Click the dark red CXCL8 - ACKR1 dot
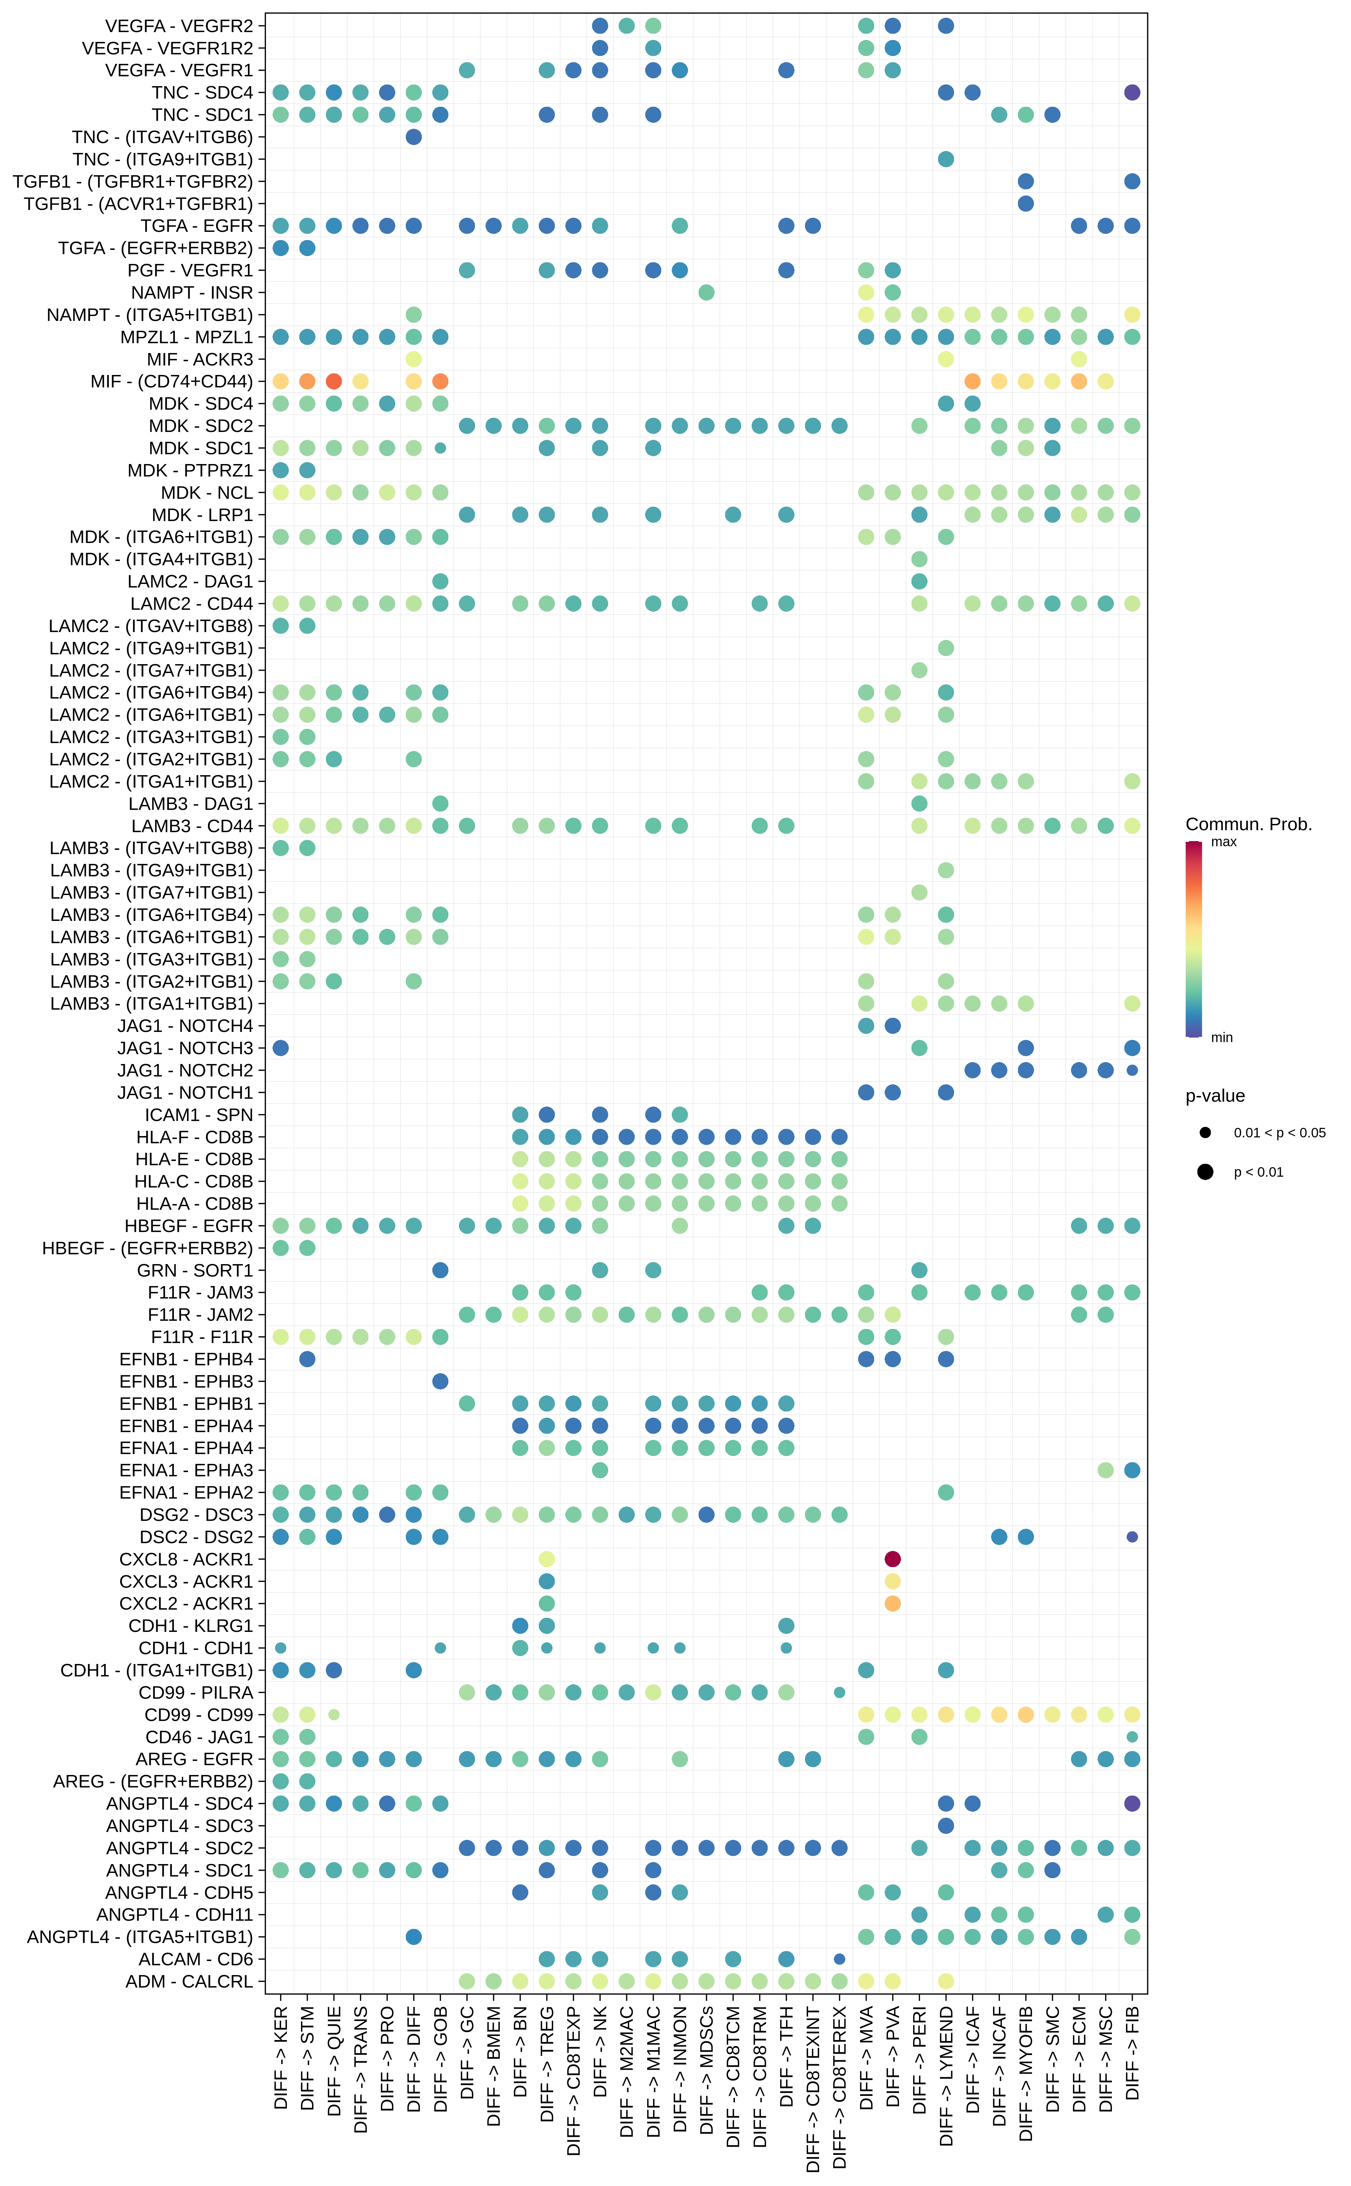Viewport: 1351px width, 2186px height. click(x=892, y=1559)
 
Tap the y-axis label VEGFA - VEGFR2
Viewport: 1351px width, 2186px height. click(x=179, y=26)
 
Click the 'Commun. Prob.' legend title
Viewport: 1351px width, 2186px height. click(x=1248, y=824)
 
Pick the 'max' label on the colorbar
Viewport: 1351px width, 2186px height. click(x=1223, y=842)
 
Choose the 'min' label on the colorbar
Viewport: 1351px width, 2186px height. click(x=1221, y=1037)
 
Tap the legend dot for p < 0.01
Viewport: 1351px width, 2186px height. click(x=1205, y=1172)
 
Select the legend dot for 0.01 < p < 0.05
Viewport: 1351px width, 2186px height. click(x=1205, y=1133)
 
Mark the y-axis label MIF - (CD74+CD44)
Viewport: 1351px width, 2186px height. click(x=172, y=382)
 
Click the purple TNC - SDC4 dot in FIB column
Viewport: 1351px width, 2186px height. click(x=1132, y=92)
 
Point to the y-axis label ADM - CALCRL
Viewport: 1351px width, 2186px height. click(x=189, y=1981)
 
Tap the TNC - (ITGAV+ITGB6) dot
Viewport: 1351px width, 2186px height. click(x=414, y=137)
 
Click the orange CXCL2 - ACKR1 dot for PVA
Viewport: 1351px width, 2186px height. click(x=892, y=1603)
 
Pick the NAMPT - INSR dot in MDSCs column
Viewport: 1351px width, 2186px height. click(x=706, y=292)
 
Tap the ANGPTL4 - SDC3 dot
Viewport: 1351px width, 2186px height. click(x=946, y=1826)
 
